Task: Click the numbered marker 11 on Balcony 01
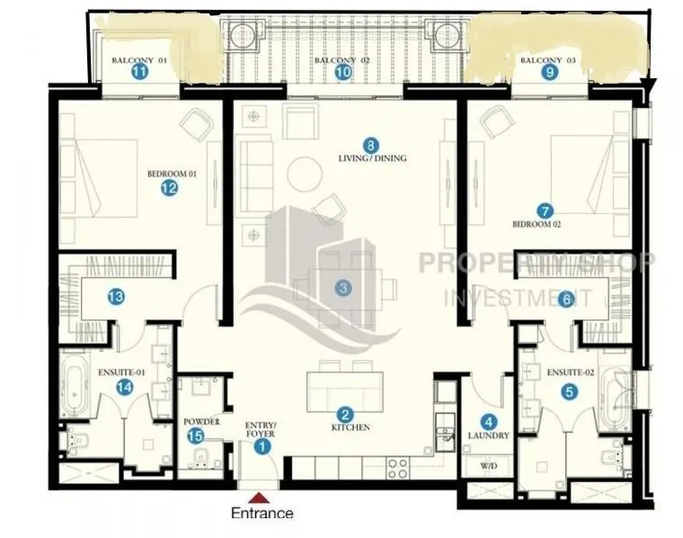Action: (139, 72)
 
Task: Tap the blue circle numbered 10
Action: (343, 72)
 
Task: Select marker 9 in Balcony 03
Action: (550, 72)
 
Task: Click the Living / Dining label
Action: (372, 157)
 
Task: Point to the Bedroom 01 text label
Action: (172, 174)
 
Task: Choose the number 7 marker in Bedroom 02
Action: (545, 211)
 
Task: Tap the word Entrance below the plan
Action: (262, 513)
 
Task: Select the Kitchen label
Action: (350, 427)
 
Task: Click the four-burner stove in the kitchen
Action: (398, 469)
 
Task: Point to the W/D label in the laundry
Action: (489, 466)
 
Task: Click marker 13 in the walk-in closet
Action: (116, 297)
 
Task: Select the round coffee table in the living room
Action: (305, 174)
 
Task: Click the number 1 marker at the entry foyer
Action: (262, 446)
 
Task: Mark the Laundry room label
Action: (489, 435)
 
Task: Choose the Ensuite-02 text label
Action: (570, 372)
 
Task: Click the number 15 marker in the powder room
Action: (196, 436)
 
